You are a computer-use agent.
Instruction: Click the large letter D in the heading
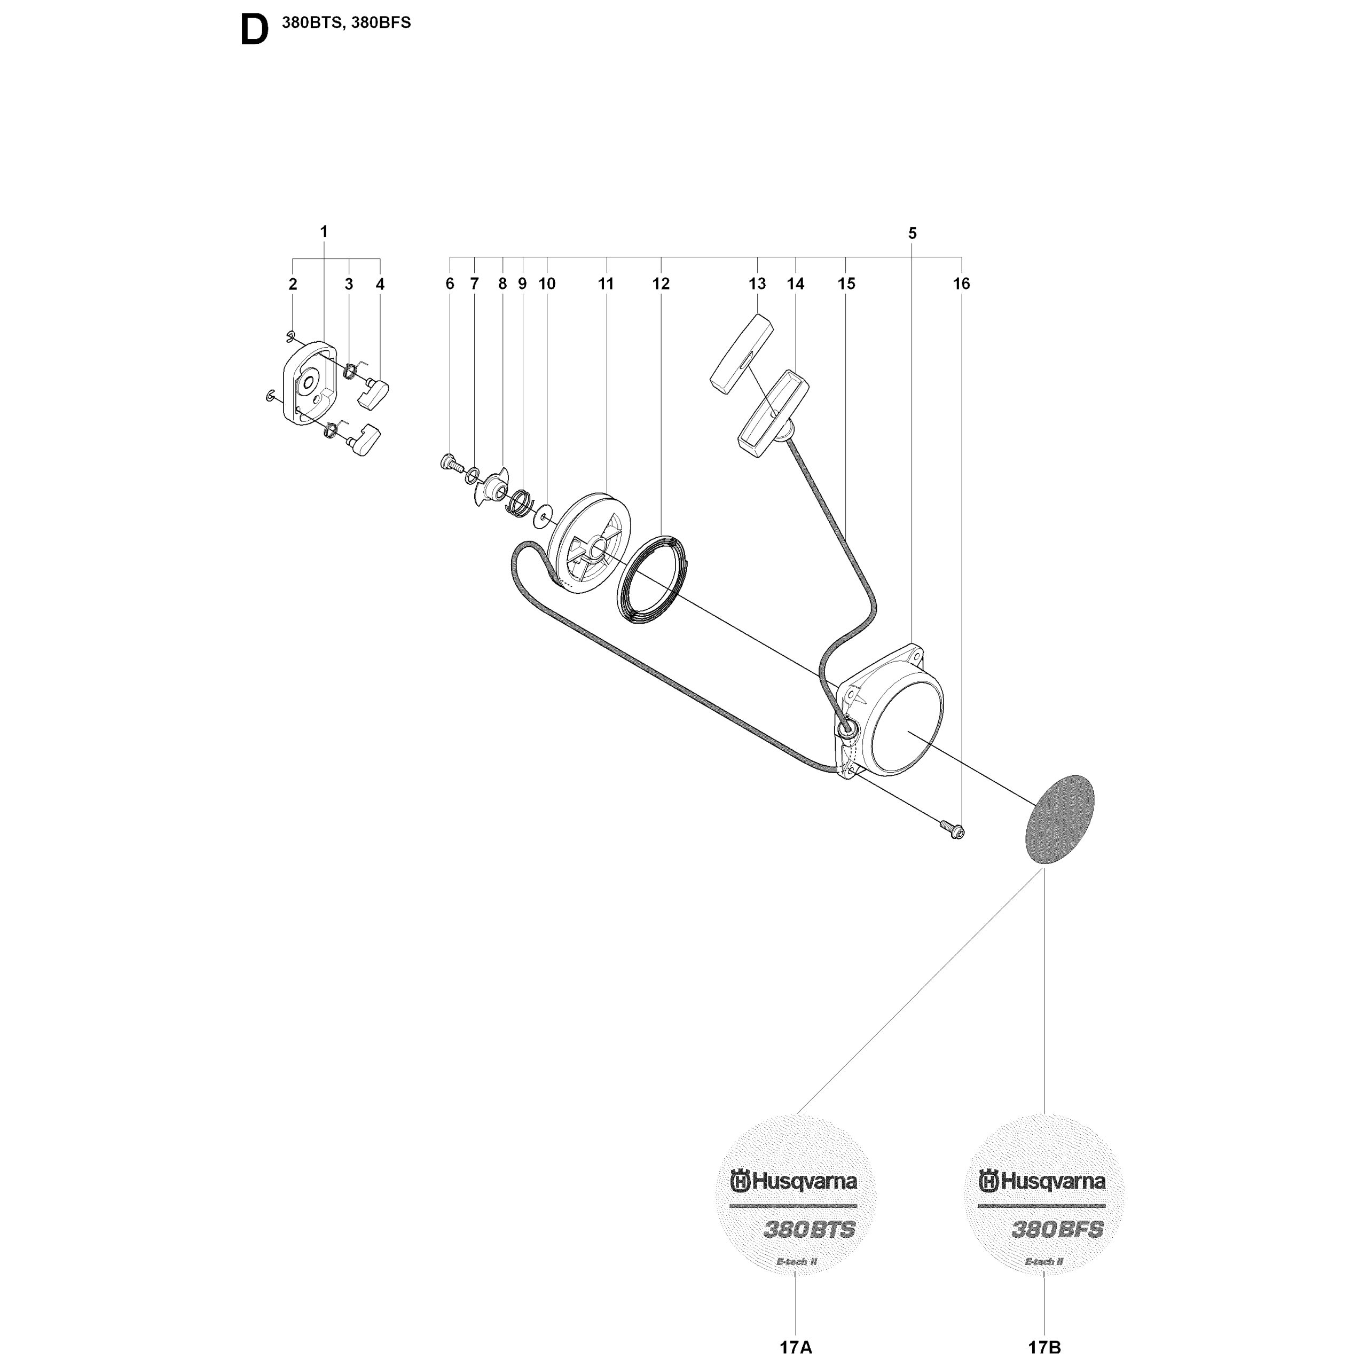(255, 30)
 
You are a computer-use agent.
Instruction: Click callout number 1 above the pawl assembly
(324, 231)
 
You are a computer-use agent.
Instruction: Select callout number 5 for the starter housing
(912, 233)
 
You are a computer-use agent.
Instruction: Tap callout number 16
(961, 283)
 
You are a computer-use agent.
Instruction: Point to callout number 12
(661, 283)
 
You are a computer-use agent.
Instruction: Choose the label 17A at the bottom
(796, 1347)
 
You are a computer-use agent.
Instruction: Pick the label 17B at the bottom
(1044, 1347)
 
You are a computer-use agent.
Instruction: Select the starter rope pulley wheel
(590, 543)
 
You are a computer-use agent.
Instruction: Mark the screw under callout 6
(451, 463)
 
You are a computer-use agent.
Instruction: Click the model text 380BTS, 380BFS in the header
(346, 22)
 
